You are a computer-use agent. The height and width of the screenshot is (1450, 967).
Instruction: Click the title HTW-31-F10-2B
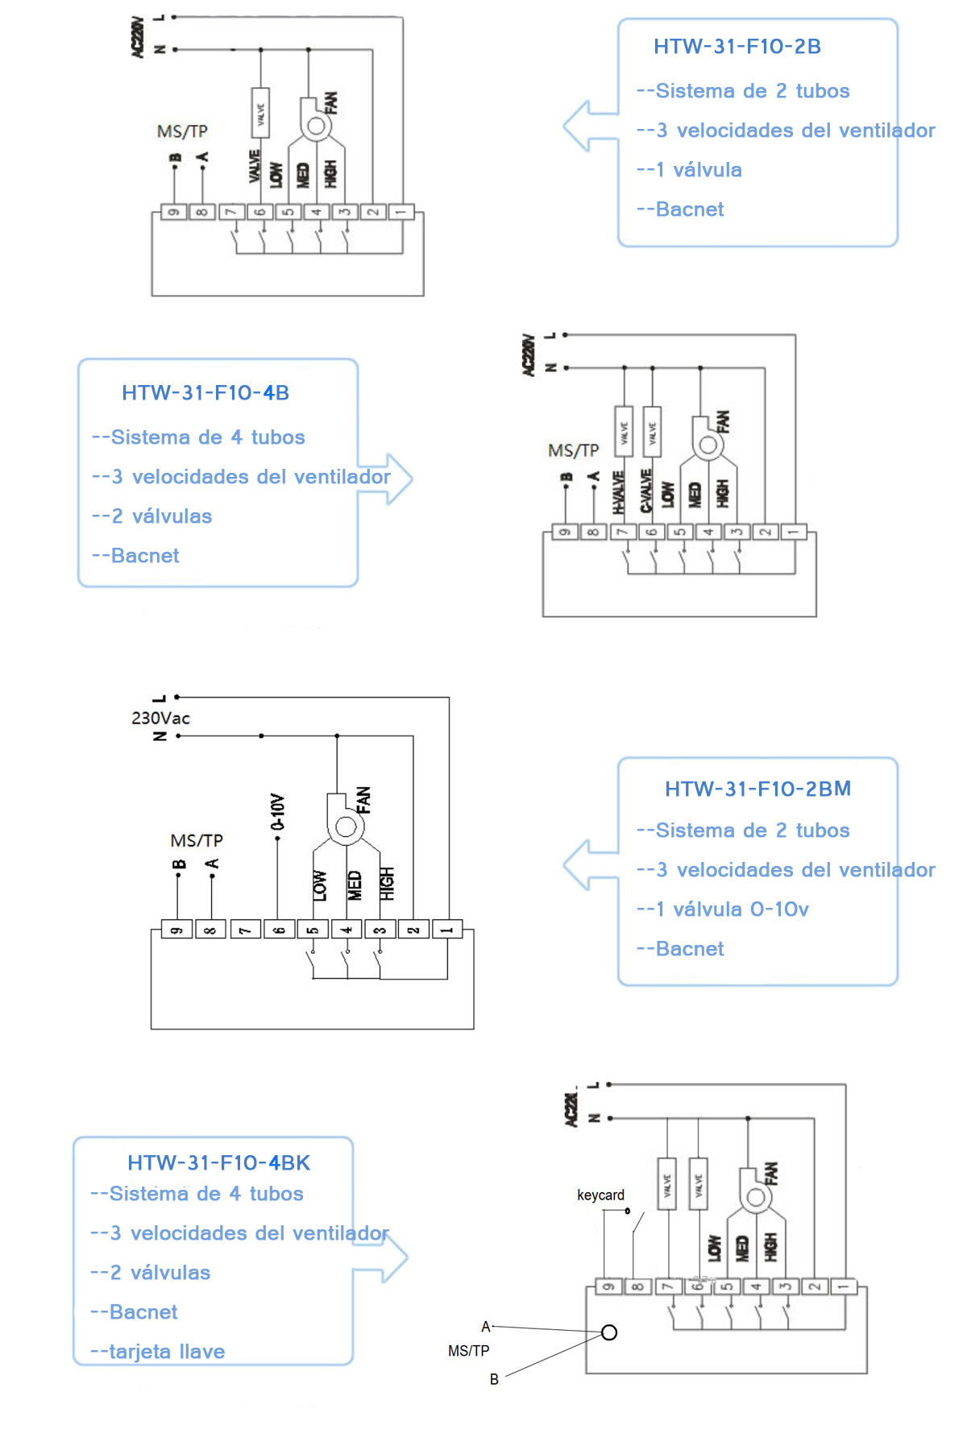coord(737,47)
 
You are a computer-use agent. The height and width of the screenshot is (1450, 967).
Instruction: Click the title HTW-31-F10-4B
coord(205,393)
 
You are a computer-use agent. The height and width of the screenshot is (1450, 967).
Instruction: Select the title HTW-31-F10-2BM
coord(757,789)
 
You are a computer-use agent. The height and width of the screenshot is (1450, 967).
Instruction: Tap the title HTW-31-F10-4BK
coord(218,1163)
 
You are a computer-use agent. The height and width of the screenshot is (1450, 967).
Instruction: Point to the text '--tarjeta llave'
coord(158,1352)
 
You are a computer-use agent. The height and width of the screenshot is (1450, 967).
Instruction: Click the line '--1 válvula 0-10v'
coord(723,909)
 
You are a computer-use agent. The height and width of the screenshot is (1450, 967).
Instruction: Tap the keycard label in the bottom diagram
coord(600,1195)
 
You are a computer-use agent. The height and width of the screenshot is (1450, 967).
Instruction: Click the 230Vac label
coord(160,718)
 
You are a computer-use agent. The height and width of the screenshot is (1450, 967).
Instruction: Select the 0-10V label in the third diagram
coord(278,812)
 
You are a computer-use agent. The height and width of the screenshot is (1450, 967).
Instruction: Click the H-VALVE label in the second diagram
coord(619,492)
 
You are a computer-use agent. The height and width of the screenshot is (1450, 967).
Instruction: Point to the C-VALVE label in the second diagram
coord(646,491)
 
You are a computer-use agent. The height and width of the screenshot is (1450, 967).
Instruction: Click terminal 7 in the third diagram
coord(245,930)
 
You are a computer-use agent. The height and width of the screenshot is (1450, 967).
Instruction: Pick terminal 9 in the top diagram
coord(173,213)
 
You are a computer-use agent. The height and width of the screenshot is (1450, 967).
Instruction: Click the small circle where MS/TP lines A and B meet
coord(609,1332)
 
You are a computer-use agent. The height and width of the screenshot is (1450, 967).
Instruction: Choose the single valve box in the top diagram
coord(260,112)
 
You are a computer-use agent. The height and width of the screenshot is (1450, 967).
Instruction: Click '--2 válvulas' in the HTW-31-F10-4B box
coord(152,516)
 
